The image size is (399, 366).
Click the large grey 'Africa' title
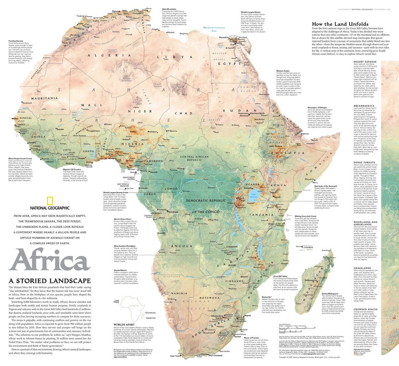[x=50, y=259]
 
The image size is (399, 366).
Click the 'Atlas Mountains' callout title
[x=169, y=9]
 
